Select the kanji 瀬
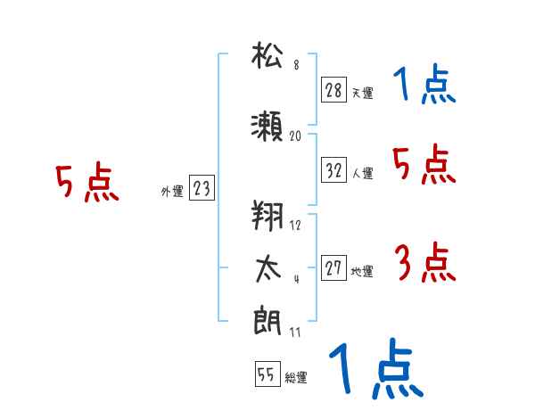pos(268,126)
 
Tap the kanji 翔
pos(268,215)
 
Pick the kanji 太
pos(268,267)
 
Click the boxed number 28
pos(333,90)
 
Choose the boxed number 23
pos(202,188)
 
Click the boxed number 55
pos(266,374)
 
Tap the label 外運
pos(172,191)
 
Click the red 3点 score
pos(424,264)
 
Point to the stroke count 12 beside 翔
pos(296,225)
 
